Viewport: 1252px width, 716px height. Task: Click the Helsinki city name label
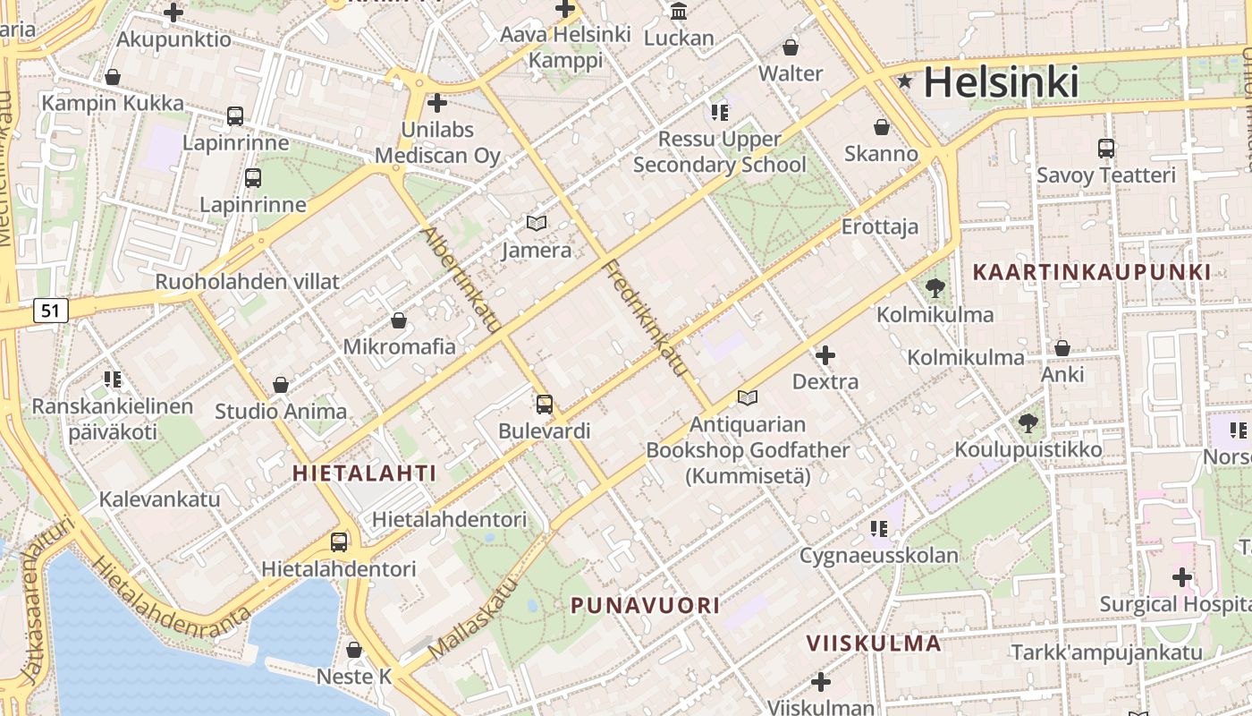[x=1001, y=82]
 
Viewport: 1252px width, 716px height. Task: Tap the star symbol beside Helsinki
[x=905, y=82]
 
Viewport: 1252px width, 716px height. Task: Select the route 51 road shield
[x=51, y=311]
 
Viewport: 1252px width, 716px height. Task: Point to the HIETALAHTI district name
[x=365, y=473]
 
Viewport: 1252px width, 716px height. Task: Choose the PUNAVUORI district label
[x=645, y=605]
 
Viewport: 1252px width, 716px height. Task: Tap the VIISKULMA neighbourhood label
[x=874, y=643]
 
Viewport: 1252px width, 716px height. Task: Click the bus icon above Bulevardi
[x=544, y=405]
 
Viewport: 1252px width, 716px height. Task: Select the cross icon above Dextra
[x=825, y=355]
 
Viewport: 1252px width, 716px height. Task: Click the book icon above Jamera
[x=536, y=223]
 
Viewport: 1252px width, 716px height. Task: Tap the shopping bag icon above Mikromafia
[x=399, y=320]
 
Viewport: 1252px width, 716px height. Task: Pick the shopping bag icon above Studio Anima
[x=281, y=385]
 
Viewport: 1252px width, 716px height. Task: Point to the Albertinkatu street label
[x=461, y=279]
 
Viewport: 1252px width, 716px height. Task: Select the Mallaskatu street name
[x=473, y=618]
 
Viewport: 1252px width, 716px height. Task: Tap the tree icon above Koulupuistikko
[x=1028, y=422]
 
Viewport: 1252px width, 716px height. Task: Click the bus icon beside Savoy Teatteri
[x=1105, y=149]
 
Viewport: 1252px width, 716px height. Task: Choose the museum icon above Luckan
[x=679, y=12]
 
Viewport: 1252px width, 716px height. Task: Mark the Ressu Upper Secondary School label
[x=720, y=152]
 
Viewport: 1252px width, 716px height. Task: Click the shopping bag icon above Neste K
[x=354, y=650]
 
